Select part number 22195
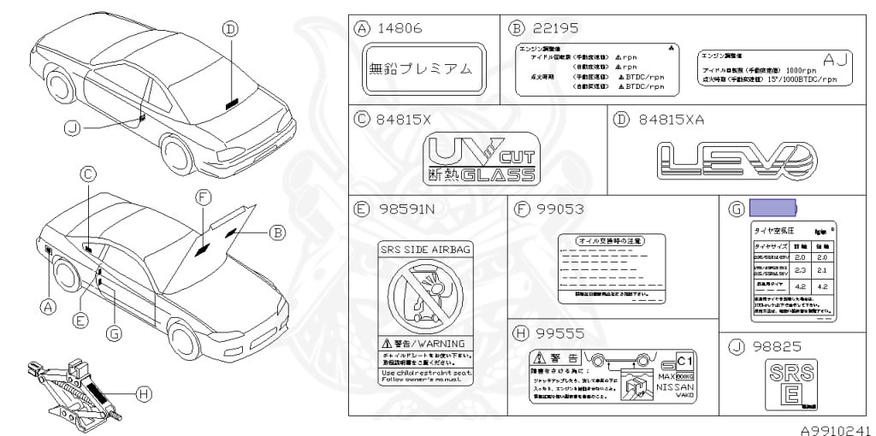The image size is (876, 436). (557, 28)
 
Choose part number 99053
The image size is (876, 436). (560, 209)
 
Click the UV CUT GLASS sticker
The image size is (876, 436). (482, 160)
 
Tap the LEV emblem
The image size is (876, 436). (737, 161)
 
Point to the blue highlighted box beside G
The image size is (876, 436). (772, 208)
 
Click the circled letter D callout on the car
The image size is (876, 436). (229, 29)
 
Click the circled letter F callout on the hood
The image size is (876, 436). (202, 197)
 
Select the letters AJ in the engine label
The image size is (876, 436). (832, 58)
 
